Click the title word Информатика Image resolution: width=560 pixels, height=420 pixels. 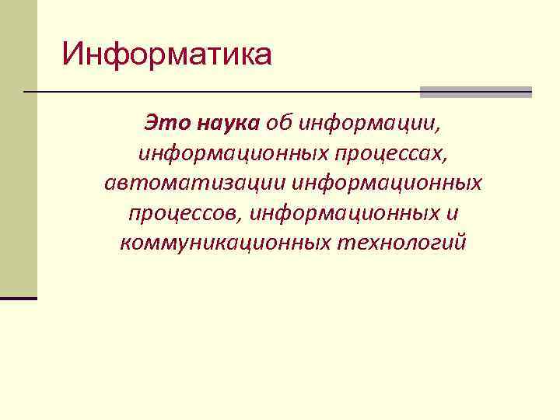tap(167, 55)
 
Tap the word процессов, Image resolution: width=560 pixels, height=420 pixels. tap(184, 214)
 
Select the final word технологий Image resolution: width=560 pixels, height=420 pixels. tap(401, 243)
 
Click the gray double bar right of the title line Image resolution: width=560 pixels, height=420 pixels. tap(475, 92)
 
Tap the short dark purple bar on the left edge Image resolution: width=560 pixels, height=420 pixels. tap(19, 298)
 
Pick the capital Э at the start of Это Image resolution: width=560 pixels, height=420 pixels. tap(149, 123)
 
